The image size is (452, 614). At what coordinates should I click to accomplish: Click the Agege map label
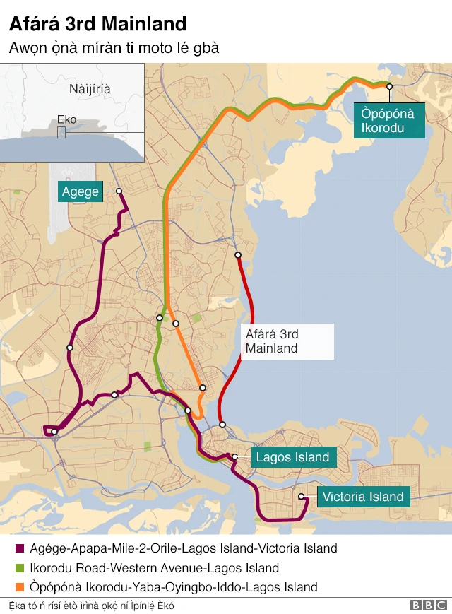pyautogui.click(x=81, y=191)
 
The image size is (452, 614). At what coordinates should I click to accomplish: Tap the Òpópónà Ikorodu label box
pyautogui.click(x=388, y=120)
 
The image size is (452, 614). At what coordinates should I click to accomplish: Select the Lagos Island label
pyautogui.click(x=292, y=457)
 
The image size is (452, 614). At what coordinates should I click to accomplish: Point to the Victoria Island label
pyautogui.click(x=363, y=497)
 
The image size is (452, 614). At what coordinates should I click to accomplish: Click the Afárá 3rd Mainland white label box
pyautogui.click(x=287, y=341)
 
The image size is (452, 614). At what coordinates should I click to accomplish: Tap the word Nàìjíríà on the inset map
pyautogui.click(x=90, y=89)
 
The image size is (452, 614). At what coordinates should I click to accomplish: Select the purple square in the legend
pyautogui.click(x=19, y=549)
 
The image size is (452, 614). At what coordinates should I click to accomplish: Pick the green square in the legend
pyautogui.click(x=19, y=568)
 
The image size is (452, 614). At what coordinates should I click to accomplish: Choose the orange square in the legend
pyautogui.click(x=19, y=587)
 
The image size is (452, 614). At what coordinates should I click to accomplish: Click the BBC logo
pyautogui.click(x=428, y=606)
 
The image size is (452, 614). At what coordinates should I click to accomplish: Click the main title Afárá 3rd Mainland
pyautogui.click(x=97, y=24)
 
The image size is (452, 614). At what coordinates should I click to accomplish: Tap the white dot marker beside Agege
pyautogui.click(x=119, y=191)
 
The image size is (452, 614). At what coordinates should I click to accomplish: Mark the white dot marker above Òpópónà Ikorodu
pyautogui.click(x=388, y=86)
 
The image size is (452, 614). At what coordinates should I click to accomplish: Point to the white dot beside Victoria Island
pyautogui.click(x=301, y=497)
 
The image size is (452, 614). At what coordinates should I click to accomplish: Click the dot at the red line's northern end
pyautogui.click(x=238, y=255)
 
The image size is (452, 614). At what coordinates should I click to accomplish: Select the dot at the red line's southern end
pyautogui.click(x=222, y=425)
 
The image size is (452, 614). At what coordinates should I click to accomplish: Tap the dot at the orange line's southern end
pyautogui.click(x=203, y=388)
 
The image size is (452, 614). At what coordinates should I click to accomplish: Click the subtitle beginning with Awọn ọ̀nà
pyautogui.click(x=114, y=49)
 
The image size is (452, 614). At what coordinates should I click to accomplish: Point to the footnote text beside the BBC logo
pyautogui.click(x=92, y=606)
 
